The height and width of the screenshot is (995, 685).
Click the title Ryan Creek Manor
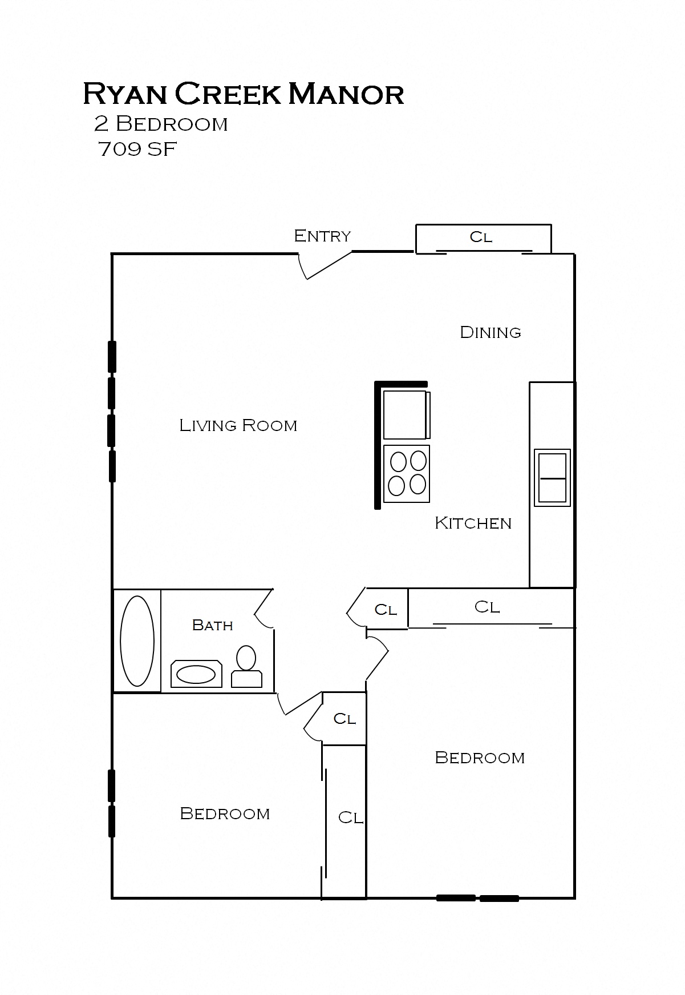pyautogui.click(x=244, y=94)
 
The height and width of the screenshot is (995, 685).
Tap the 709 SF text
pyautogui.click(x=137, y=150)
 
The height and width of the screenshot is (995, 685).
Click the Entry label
pyautogui.click(x=322, y=236)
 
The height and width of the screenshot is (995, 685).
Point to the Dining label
pyautogui.click(x=491, y=332)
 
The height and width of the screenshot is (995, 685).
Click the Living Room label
pyautogui.click(x=238, y=425)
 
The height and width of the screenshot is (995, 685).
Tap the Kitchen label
pyautogui.click(x=473, y=523)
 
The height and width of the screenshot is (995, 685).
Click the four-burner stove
pyautogui.click(x=407, y=474)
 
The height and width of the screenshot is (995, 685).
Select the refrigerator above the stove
pyautogui.click(x=406, y=414)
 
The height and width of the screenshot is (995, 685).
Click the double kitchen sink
pyautogui.click(x=552, y=477)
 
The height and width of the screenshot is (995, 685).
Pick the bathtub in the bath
pyautogui.click(x=137, y=641)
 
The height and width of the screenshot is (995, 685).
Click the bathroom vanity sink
pyautogui.click(x=196, y=675)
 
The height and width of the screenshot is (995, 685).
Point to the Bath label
pyautogui.click(x=213, y=625)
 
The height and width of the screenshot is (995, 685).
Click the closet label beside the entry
pyautogui.click(x=481, y=237)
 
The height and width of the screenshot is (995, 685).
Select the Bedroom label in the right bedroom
pyautogui.click(x=480, y=758)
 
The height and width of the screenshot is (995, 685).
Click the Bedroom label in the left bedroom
pyautogui.click(x=225, y=813)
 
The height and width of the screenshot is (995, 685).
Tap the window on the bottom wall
pyautogui.click(x=477, y=898)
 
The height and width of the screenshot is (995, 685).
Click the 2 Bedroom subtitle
pyautogui.click(x=161, y=124)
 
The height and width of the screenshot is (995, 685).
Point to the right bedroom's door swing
pyautogui.click(x=378, y=656)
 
